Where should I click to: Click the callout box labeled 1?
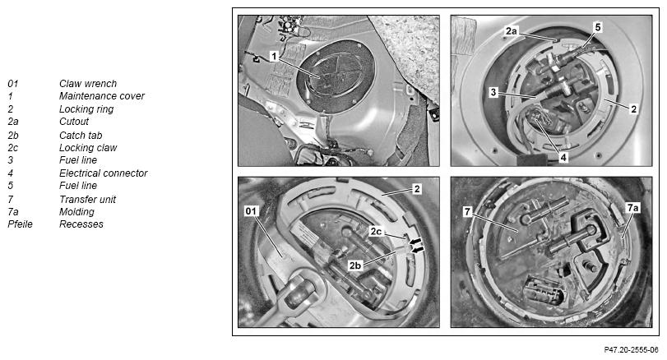(x=275, y=56)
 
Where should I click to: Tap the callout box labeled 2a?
(x=512, y=31)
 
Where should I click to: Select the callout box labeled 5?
(x=598, y=28)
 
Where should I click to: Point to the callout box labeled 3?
(x=493, y=92)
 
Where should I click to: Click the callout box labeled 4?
(x=563, y=158)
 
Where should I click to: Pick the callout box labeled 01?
(x=252, y=210)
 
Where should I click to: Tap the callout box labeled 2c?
(x=376, y=231)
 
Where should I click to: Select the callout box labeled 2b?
(x=355, y=265)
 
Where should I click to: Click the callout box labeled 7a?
(x=633, y=208)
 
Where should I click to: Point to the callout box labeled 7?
(x=467, y=211)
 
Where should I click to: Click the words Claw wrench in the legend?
(x=88, y=84)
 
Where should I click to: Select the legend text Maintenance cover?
(x=102, y=96)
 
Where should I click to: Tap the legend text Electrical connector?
(x=104, y=173)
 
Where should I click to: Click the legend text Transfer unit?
(x=87, y=200)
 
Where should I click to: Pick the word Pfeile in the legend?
(x=20, y=224)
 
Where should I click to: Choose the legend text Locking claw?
(x=88, y=148)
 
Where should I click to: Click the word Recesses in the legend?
(x=81, y=224)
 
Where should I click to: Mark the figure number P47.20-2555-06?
(x=631, y=350)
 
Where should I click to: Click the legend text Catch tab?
(x=81, y=135)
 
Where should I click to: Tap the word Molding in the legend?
(x=76, y=212)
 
